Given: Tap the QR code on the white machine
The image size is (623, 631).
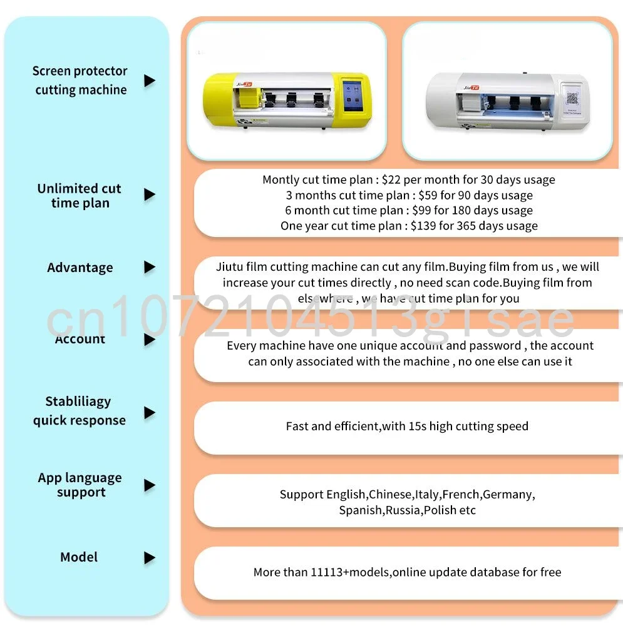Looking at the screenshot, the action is pos(572,98).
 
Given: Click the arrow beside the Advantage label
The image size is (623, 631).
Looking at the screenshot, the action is pos(150,267).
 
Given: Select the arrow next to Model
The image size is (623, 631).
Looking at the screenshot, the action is pos(150,557).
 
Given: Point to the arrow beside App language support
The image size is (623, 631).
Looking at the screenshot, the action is pos(150,485).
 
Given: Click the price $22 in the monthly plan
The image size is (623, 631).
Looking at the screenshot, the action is pos(391,179).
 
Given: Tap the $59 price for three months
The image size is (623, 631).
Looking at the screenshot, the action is pos(428,195).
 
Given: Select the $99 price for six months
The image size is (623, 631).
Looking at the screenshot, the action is pos(421,211).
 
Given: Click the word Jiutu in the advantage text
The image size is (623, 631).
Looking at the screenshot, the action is pos(229,267).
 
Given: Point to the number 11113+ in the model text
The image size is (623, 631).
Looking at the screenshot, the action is pos(329,572).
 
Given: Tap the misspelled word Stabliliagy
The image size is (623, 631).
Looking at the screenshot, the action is pos(78,401).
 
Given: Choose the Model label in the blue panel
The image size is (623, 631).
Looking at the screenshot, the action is pos(79,557).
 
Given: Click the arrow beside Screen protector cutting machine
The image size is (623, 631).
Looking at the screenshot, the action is pos(150,81).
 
